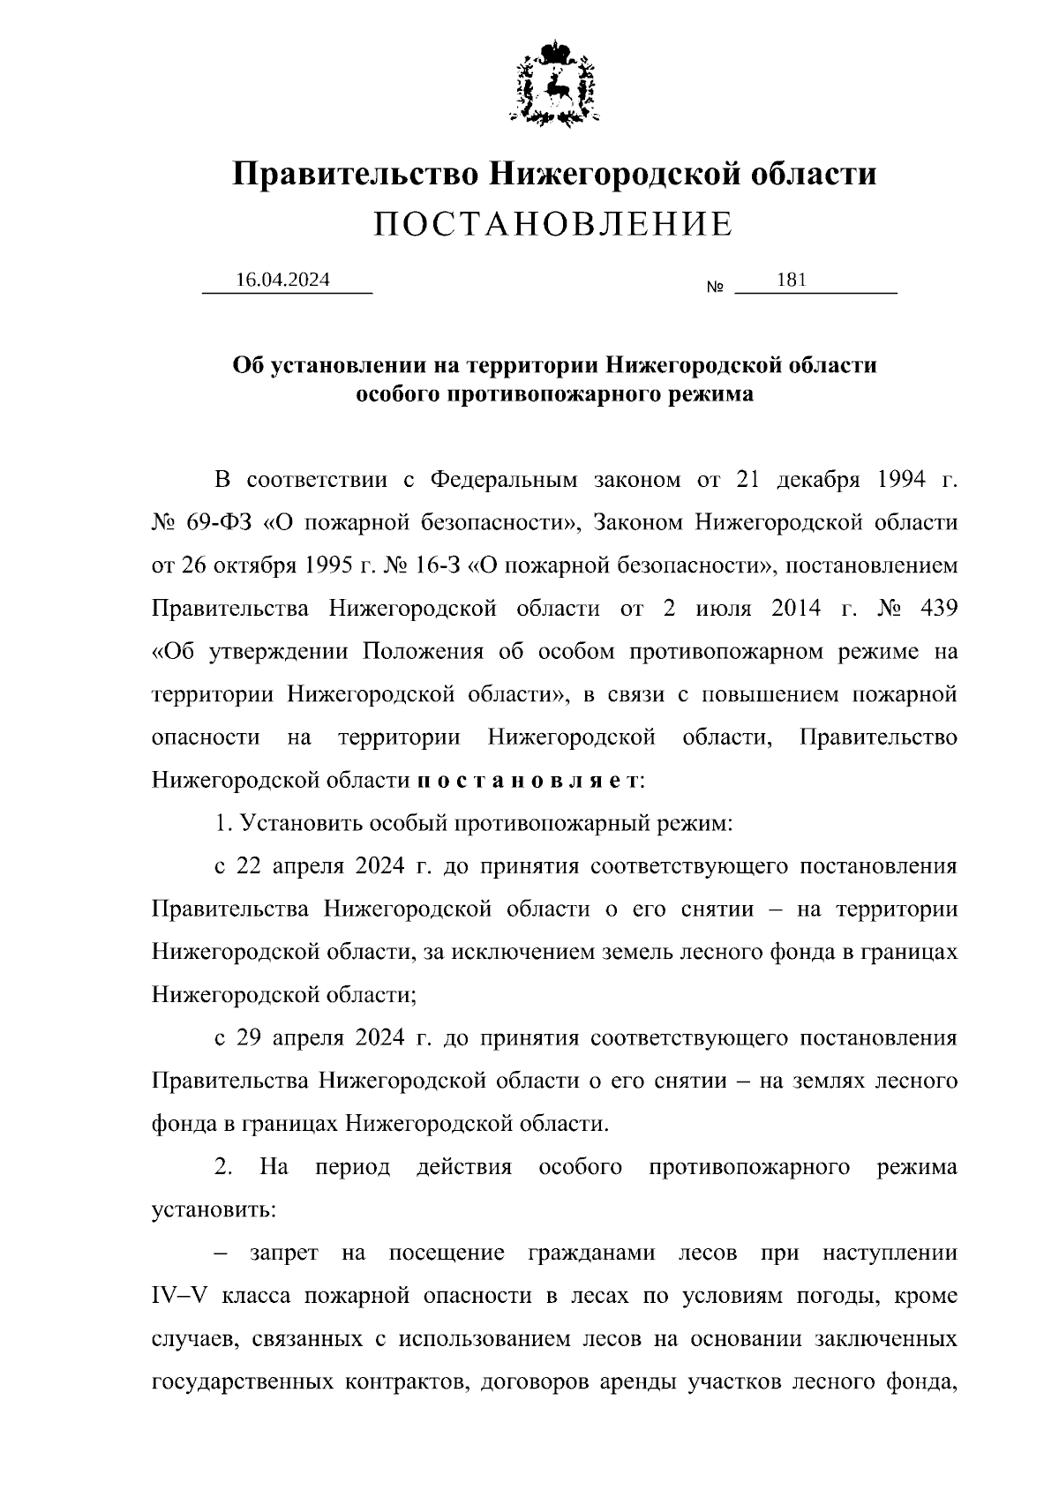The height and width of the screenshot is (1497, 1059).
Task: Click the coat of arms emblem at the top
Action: [x=554, y=82]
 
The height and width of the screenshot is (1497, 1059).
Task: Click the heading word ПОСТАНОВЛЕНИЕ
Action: [x=553, y=225]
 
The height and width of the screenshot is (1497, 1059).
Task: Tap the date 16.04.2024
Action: [x=282, y=280]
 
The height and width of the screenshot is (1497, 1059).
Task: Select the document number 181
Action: [x=792, y=280]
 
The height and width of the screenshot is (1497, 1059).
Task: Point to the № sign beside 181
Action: [x=715, y=288]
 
